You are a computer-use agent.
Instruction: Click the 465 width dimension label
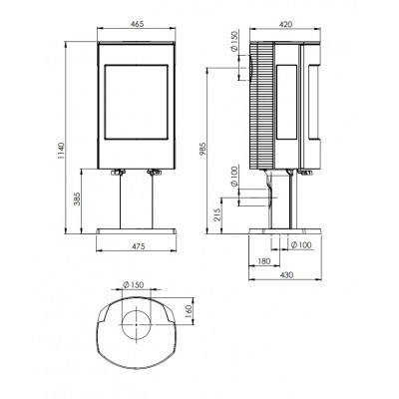point(137,24)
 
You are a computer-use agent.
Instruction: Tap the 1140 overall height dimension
point(61,151)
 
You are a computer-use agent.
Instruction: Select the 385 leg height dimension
point(77,199)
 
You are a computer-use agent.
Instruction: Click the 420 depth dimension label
point(285,24)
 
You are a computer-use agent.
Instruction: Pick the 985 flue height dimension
point(203,149)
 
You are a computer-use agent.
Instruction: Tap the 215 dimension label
point(217,215)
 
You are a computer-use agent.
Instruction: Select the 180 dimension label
point(264,261)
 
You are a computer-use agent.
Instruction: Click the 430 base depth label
point(286,275)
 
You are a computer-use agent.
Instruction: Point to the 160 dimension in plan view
point(189,311)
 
